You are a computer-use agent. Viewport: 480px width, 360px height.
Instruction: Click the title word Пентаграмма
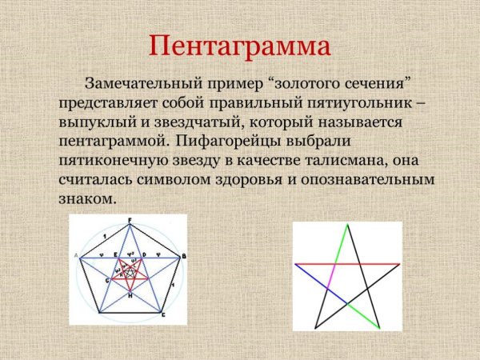pyautogui.click(x=239, y=46)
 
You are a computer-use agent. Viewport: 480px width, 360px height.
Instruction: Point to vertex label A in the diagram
pyautogui.click(x=76, y=255)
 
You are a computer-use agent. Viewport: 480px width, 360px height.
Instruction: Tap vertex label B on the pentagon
pyautogui.click(x=184, y=255)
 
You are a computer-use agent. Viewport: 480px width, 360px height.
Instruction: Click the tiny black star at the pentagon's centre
pyautogui.click(x=130, y=273)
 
